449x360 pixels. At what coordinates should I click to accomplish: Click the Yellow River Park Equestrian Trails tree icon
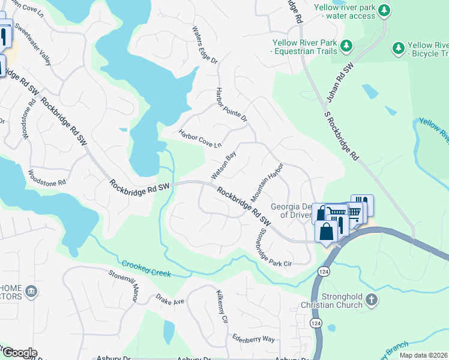click(x=346, y=46)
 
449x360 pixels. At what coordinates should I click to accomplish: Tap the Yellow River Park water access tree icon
click(x=385, y=10)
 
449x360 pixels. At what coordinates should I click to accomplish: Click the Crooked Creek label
click(x=146, y=269)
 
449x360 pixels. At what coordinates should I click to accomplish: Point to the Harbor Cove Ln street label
click(x=200, y=138)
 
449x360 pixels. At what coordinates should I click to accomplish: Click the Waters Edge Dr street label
click(x=205, y=45)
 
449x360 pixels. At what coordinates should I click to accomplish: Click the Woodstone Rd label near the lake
click(x=46, y=177)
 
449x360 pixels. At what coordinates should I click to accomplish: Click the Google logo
click(x=19, y=352)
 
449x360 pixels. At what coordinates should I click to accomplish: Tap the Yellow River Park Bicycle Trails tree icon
click(x=397, y=47)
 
